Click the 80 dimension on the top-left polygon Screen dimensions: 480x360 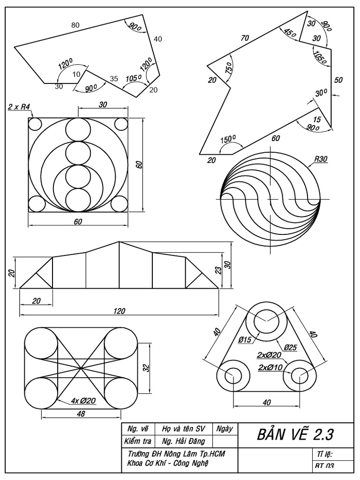click(x=75, y=25)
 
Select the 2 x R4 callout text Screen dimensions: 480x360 click(x=19, y=107)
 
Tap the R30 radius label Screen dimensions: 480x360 click(x=321, y=159)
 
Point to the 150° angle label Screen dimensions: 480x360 click(x=228, y=140)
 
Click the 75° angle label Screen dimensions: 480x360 click(x=228, y=67)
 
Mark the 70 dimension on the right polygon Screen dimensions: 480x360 click(x=245, y=38)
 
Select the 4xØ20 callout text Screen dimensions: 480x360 click(x=84, y=401)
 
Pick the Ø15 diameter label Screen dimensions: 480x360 click(x=245, y=340)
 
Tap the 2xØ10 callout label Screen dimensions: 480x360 click(x=270, y=367)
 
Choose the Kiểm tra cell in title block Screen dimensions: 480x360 click(x=136, y=441)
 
